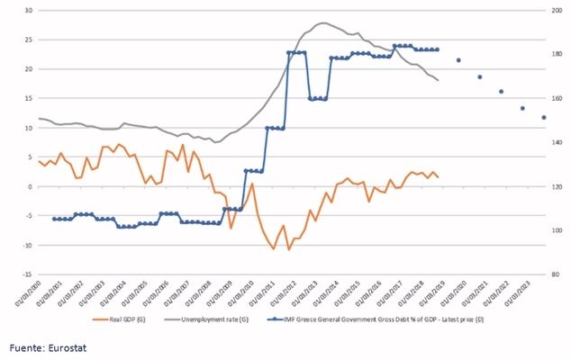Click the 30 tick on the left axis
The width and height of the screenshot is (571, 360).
(x=26, y=11)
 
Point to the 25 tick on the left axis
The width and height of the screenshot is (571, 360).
(x=26, y=40)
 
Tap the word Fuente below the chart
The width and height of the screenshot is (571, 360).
(x=25, y=346)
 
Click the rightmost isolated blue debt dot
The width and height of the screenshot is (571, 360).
(x=543, y=118)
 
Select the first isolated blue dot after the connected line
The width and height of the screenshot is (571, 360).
(x=458, y=60)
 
